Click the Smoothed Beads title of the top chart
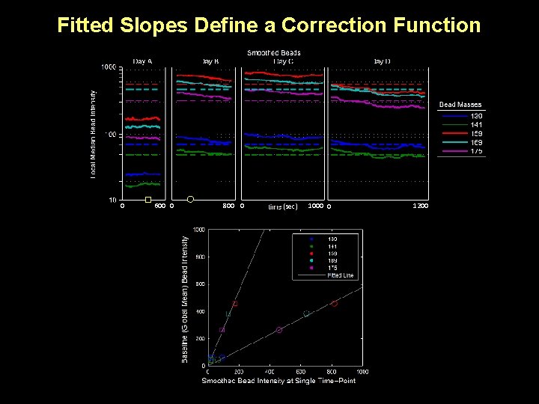coord(274,52)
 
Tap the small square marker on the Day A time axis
coord(148,200)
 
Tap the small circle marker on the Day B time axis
coord(190,199)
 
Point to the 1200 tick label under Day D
coord(420,206)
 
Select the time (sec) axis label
coord(283,206)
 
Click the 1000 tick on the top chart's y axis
coord(108,68)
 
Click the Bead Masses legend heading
coord(460,105)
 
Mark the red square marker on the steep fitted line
coord(235,304)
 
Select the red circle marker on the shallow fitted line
coord(334,303)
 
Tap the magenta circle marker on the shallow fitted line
coord(279,330)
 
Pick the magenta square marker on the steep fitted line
coord(222,330)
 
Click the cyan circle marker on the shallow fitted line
coord(306,314)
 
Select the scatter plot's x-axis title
coord(278,382)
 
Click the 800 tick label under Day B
coord(229,206)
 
